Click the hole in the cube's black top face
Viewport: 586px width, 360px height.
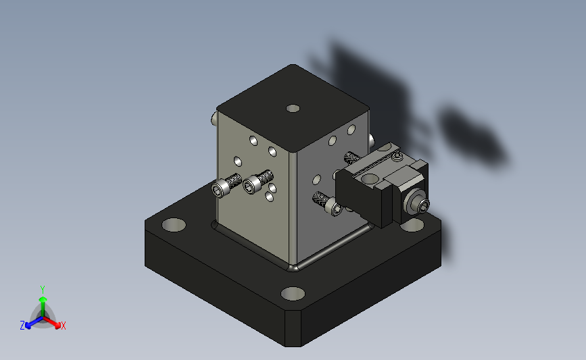pyautogui.click(x=293, y=108)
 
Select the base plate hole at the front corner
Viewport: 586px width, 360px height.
pyautogui.click(x=293, y=294)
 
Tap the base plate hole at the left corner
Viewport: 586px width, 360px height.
pyautogui.click(x=174, y=225)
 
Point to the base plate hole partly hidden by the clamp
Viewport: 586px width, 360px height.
pyautogui.click(x=412, y=225)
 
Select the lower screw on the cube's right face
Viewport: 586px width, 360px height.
pyautogui.click(x=327, y=203)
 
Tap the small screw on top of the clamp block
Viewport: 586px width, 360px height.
pyautogui.click(x=397, y=156)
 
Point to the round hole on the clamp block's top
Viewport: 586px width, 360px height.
pyautogui.click(x=370, y=179)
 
